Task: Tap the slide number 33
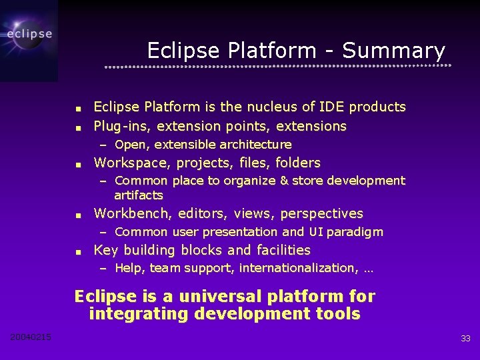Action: pyautogui.click(x=465, y=339)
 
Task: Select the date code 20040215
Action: pyautogui.click(x=31, y=337)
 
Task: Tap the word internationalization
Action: pyautogui.click(x=297, y=268)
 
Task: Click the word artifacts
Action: pyautogui.click(x=138, y=195)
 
